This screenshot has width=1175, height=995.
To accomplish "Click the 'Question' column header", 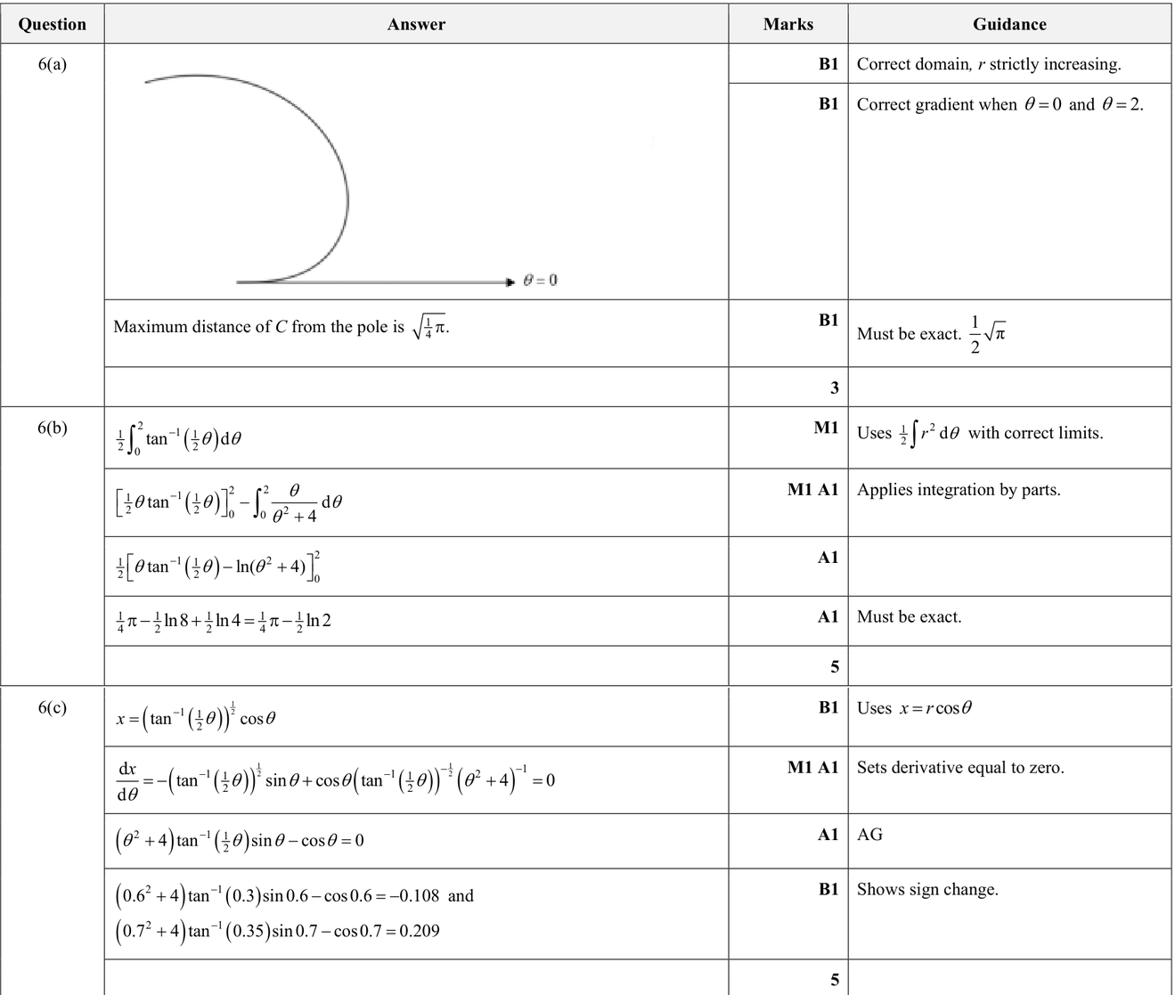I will pos(53,24).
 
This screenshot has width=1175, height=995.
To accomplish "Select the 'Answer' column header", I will pos(416,24).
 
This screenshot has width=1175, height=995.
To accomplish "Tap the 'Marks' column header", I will pos(787,24).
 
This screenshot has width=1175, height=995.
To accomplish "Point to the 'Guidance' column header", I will pos(1009,24).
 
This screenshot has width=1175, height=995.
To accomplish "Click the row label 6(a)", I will pos(53,64).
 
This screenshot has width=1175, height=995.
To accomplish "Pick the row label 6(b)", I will pos(53,428).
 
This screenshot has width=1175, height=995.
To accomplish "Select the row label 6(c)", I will pos(53,708).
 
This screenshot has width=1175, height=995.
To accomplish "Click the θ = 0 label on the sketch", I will pos(541,280).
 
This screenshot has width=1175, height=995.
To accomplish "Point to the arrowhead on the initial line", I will pos(510,282).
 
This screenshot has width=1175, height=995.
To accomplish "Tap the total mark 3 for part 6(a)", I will pos(834,387).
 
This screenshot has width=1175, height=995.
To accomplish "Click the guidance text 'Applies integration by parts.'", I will pos(959,490).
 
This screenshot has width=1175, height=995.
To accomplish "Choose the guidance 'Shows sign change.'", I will pos(927,889).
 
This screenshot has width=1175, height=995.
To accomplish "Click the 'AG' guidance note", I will pos(869,835).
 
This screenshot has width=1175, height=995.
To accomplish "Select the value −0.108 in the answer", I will pos(412,896).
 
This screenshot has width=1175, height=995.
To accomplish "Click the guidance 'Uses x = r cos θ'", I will pos(914,708).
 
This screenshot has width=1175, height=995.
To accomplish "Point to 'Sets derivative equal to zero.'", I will pos(960,768).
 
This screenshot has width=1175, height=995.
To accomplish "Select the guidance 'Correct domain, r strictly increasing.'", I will pos(989,64).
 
